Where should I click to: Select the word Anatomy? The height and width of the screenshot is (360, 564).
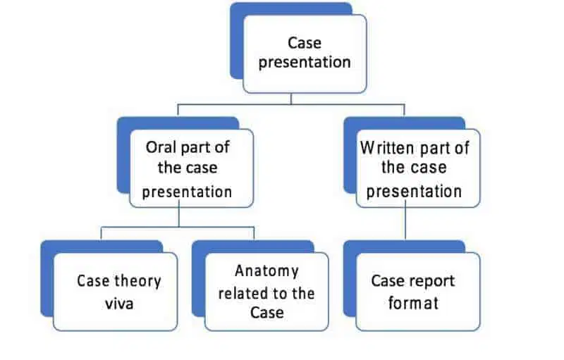click(266, 271)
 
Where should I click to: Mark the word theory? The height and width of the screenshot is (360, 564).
click(137, 281)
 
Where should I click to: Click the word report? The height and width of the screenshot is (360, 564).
click(432, 281)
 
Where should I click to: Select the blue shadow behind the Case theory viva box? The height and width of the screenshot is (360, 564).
click(47, 282)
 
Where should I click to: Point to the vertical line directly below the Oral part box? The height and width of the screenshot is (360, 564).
click(179, 217)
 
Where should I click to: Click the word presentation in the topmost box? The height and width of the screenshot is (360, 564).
click(305, 62)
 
